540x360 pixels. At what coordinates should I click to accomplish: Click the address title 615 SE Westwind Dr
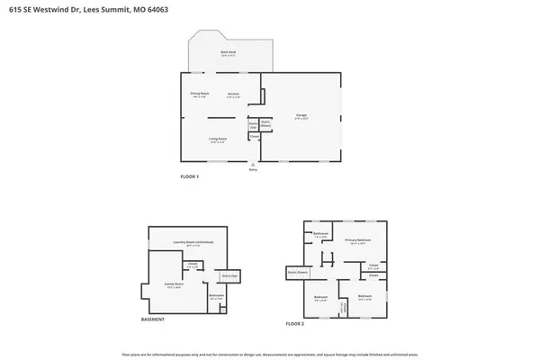click(68, 9)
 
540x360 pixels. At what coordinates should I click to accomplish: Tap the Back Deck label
click(228, 53)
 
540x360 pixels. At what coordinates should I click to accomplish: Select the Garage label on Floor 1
click(301, 116)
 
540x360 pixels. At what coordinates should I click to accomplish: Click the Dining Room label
click(199, 94)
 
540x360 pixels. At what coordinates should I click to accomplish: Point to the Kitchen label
click(233, 94)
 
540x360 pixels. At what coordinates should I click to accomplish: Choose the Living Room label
click(218, 139)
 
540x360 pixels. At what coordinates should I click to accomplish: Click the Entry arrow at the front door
click(254, 166)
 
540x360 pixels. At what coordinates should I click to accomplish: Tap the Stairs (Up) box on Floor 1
click(254, 126)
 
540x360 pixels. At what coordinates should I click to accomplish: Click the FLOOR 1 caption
click(190, 176)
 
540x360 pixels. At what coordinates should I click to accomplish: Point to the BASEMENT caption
click(153, 320)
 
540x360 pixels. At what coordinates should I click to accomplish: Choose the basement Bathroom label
click(216, 296)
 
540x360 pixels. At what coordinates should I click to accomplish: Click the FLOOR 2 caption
click(295, 322)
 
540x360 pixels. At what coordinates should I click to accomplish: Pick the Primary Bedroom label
click(357, 240)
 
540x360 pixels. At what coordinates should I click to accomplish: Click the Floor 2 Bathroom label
click(320, 234)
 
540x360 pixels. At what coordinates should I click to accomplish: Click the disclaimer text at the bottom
click(270, 352)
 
